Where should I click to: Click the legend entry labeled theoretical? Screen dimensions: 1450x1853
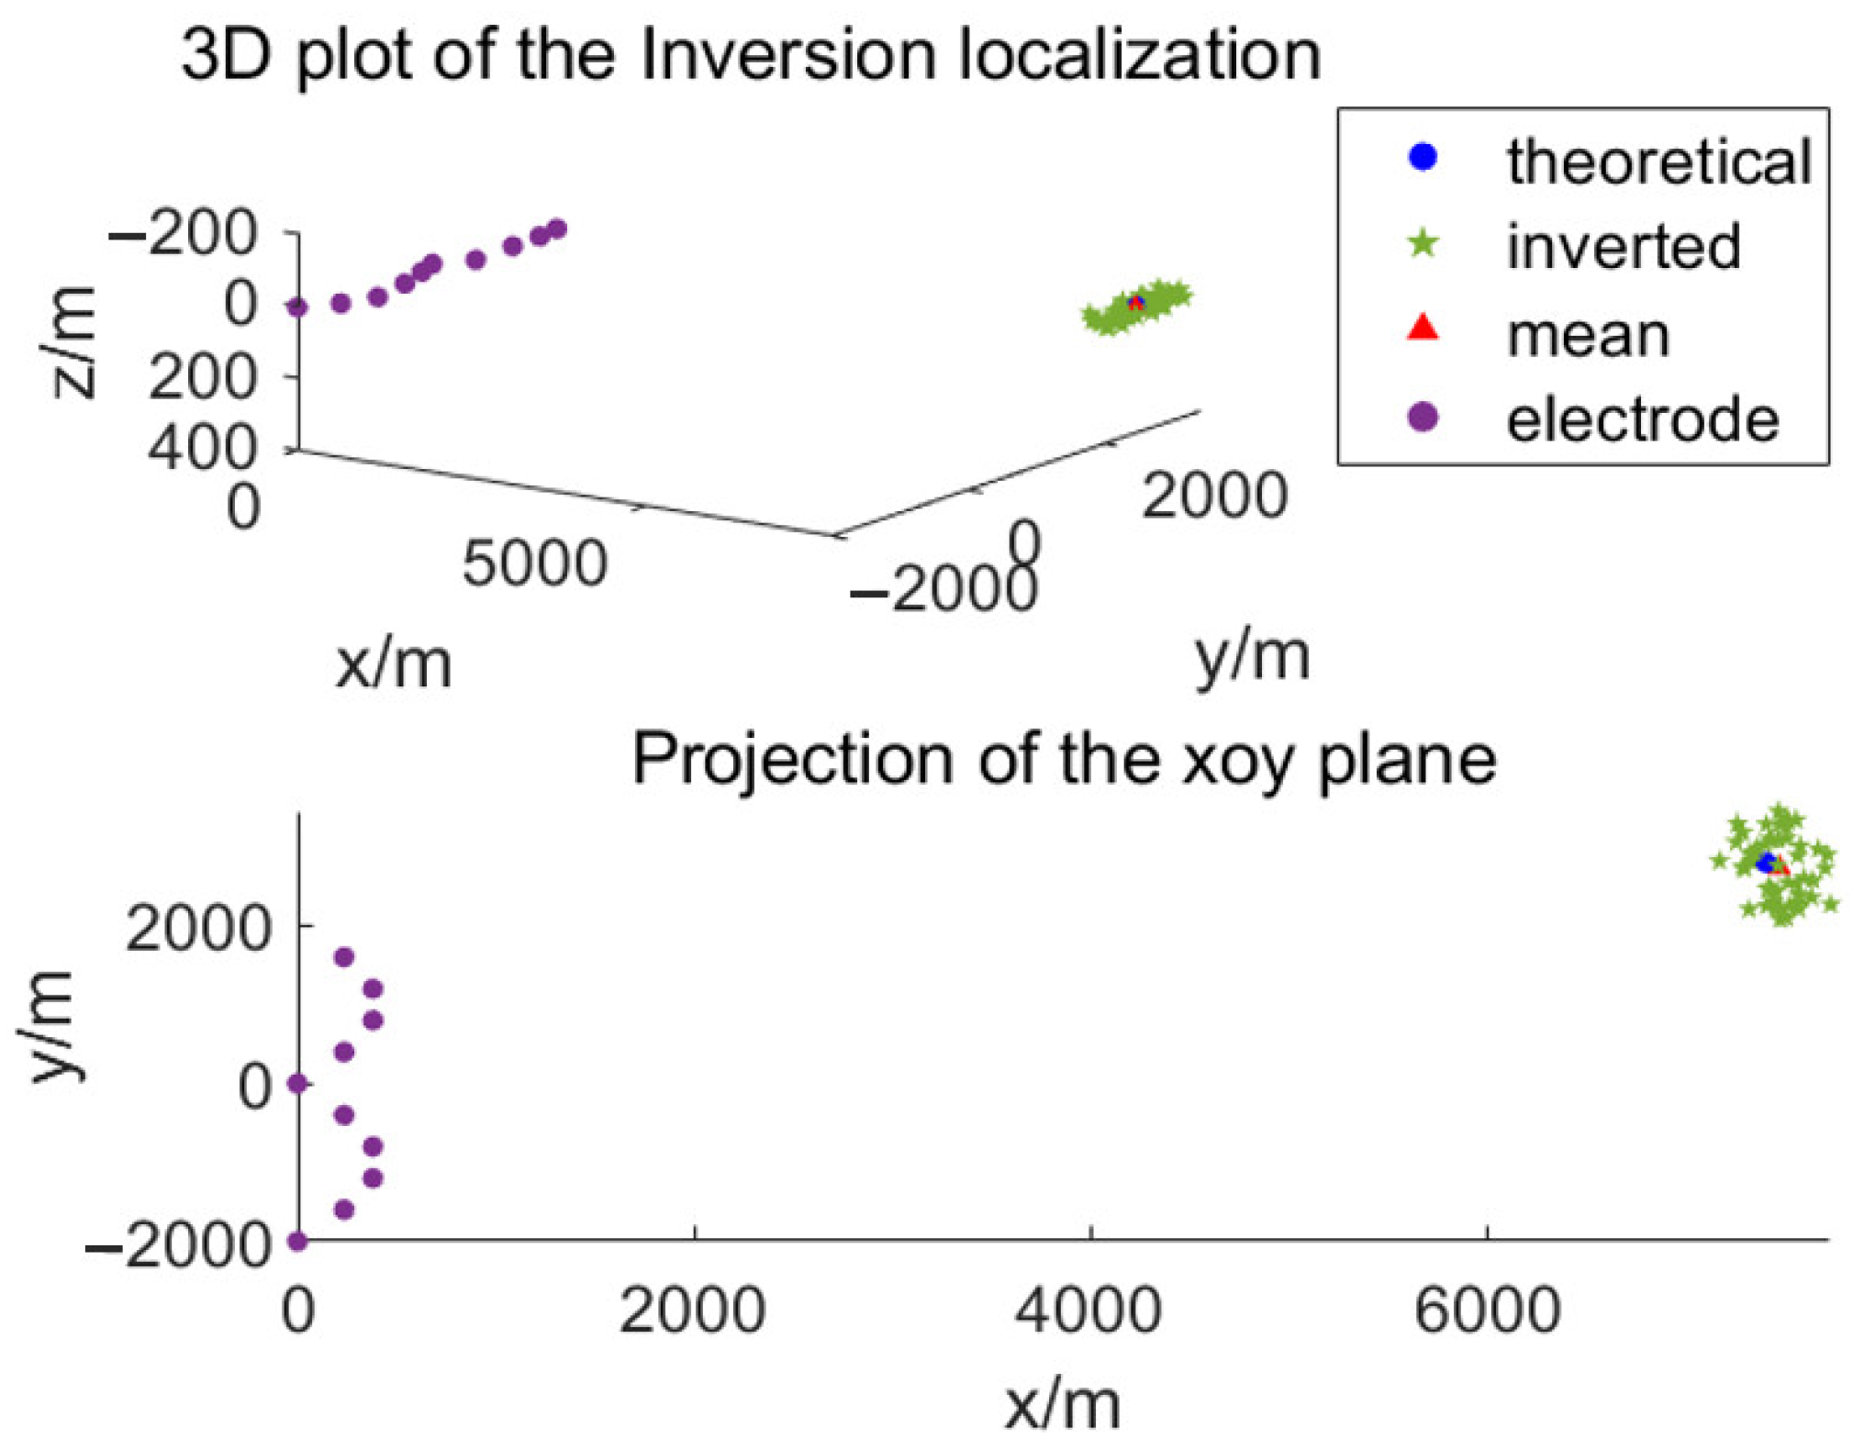1658,162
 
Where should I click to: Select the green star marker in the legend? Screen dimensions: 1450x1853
1423,243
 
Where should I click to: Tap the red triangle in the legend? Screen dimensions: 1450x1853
1423,328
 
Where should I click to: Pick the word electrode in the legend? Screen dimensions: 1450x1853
1642,420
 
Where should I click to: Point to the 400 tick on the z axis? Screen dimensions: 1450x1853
202,449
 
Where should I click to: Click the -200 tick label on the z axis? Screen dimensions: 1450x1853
184,233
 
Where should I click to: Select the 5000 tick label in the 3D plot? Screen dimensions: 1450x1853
534,563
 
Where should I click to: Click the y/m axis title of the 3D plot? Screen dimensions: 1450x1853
1252,657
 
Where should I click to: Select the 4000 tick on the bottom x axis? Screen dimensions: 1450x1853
1088,1310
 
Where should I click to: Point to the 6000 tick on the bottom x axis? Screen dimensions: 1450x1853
1487,1310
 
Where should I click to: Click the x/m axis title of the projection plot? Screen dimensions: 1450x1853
1062,1404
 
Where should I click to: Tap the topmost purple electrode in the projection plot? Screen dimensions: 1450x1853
344,957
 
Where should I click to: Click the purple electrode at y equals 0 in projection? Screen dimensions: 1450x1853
297,1084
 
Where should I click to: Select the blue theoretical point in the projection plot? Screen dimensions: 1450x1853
1765,863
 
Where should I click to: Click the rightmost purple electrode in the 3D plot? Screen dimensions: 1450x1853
556,229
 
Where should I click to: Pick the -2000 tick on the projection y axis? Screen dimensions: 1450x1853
179,1245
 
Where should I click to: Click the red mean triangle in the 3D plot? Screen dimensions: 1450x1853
1136,304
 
